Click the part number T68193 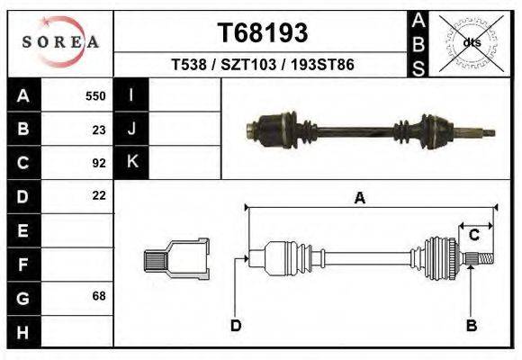(x=262, y=33)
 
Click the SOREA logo (x=59, y=41)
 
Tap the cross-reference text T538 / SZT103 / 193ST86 (x=262, y=65)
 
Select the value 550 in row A (x=95, y=95)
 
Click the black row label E (x=22, y=230)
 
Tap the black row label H (x=22, y=331)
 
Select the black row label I (x=131, y=95)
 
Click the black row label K (x=131, y=163)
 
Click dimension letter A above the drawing (x=360, y=199)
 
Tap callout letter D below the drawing (x=235, y=325)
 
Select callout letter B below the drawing (x=470, y=325)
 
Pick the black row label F (x=22, y=264)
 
